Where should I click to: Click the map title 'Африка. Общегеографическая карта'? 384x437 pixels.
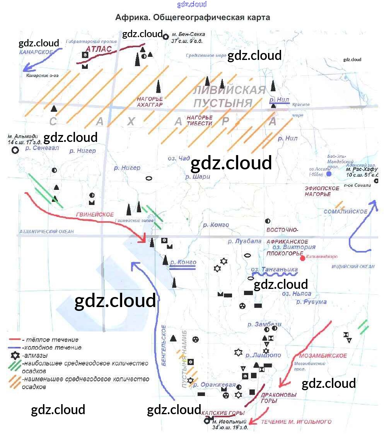pyautogui.click(x=192, y=17)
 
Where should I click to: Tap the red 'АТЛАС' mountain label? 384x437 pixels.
pyautogui.click(x=99, y=49)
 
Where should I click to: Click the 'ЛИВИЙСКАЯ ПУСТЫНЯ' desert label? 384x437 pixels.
pyautogui.click(x=229, y=97)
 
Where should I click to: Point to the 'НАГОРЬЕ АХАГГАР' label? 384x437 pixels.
pyautogui.click(x=150, y=102)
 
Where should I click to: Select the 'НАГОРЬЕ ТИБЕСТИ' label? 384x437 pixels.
pyautogui.click(x=200, y=120)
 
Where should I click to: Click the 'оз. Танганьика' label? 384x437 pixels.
pyautogui.click(x=274, y=270)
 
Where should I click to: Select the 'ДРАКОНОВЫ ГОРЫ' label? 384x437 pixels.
pyautogui.click(x=273, y=398)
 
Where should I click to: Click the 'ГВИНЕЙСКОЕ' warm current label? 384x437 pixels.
pyautogui.click(x=95, y=215)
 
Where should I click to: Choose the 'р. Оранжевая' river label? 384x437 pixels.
pyautogui.click(x=215, y=385)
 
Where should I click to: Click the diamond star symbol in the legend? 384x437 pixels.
pyautogui.click(x=15, y=355)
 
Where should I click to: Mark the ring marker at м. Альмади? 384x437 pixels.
pyautogui.click(x=15, y=150)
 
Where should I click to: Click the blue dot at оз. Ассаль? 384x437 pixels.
pyautogui.click(x=329, y=174)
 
